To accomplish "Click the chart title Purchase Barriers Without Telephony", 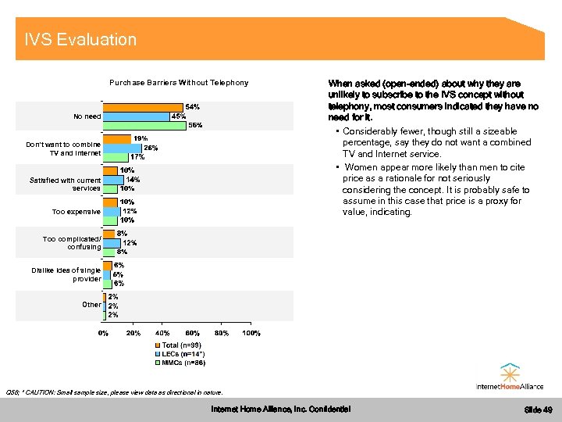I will pos(179,82).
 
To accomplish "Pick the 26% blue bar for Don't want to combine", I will pos(123,148).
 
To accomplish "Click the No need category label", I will pos(87,116).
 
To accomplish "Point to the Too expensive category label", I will pos(76,212).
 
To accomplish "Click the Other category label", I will pos(91,305).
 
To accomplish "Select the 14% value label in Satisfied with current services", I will pos(133,179).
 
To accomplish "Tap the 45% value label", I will pos(178,116).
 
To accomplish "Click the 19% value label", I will pos(140,138).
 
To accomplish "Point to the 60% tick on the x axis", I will pos(192,334).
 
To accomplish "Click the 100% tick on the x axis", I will pos(251,334).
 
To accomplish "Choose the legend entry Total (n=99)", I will pos(181,345).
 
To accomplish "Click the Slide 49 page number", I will pos(538,410).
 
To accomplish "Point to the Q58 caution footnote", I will pos(114,392).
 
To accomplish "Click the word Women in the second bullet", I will pos(361,167).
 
